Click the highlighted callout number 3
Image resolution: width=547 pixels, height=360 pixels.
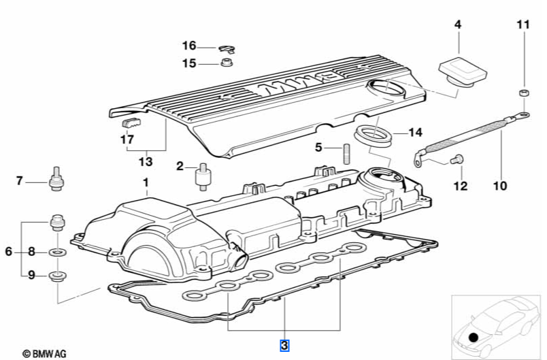[285, 346]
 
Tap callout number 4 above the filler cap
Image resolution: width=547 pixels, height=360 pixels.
[458, 25]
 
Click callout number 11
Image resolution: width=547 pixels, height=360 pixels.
[522, 25]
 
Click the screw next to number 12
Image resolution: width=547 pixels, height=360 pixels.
[457, 159]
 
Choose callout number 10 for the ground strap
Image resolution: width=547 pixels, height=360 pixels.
[500, 184]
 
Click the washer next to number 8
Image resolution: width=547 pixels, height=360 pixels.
[58, 252]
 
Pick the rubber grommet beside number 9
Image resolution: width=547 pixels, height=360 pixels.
[58, 276]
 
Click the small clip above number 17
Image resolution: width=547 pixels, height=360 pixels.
[130, 122]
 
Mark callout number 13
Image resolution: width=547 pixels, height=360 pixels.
[146, 163]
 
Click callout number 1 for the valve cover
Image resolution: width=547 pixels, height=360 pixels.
[145, 182]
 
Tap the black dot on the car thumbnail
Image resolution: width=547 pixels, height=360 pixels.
[474, 336]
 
